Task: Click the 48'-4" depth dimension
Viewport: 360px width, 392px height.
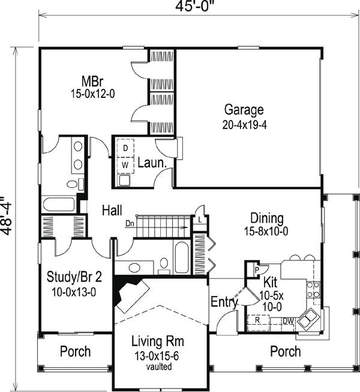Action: point(7,216)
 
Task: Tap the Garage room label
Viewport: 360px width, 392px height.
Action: point(244,110)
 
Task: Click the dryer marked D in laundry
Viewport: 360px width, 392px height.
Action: point(126,148)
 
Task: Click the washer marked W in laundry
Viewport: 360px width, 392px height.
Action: point(126,163)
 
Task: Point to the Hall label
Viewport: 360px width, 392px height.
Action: point(112,210)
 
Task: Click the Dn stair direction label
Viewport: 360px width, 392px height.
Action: point(130,224)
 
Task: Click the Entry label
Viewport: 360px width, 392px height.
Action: point(224,303)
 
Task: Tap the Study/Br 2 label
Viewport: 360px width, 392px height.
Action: point(71,277)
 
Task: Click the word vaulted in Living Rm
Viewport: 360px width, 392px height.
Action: point(158,366)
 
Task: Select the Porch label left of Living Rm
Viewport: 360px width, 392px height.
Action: point(76,351)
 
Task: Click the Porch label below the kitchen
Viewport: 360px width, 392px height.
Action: point(285,351)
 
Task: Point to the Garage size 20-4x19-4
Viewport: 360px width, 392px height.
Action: point(244,126)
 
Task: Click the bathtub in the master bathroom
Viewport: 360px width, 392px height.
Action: point(58,204)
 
